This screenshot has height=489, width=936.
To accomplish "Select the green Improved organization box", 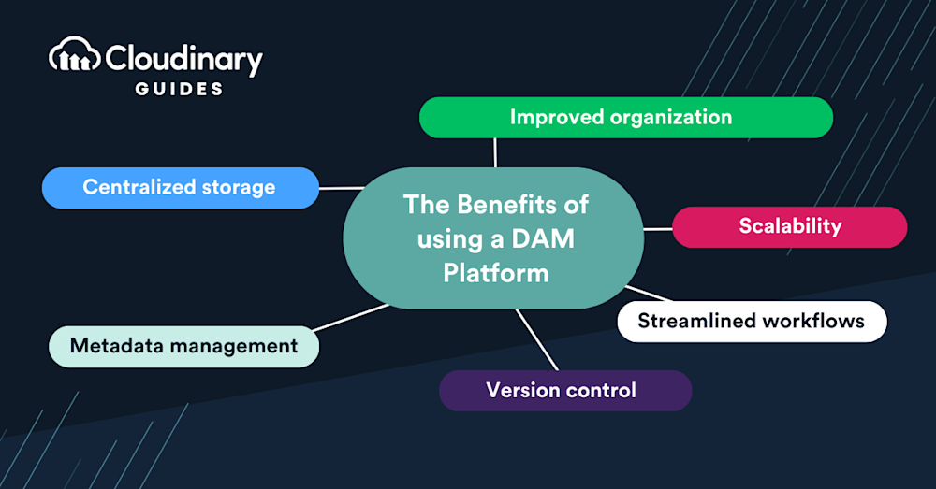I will click(625, 118).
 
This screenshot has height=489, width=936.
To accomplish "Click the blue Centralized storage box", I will click(180, 187).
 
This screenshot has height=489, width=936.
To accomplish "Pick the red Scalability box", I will click(789, 226).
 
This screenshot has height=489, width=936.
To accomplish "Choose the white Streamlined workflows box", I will click(751, 321).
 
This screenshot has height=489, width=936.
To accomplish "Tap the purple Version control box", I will click(564, 390).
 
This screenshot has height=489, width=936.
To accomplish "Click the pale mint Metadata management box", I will click(183, 346).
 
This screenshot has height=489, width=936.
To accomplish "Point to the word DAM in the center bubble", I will click(543, 238).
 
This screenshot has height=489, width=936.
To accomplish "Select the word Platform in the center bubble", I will click(495, 273).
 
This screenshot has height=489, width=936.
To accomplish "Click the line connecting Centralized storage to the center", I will click(342, 187).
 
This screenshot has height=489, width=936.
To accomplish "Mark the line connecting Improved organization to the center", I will click(495, 152).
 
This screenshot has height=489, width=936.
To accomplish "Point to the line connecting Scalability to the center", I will click(658, 227).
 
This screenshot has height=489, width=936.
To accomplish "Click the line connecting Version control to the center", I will click(537, 339).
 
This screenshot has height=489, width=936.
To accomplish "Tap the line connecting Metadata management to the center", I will click(351, 317).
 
